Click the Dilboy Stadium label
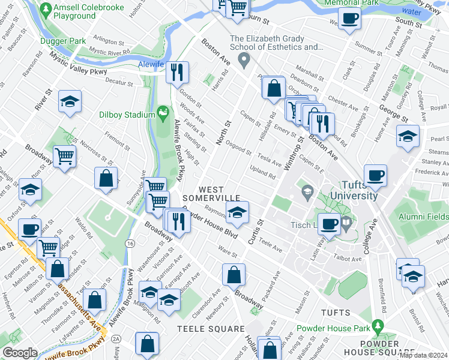127,114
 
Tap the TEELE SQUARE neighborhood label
211,329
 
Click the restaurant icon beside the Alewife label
176,73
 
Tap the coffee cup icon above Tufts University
375,175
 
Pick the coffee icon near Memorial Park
349,18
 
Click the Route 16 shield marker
130,242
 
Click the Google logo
20,353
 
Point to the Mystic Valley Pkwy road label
77,64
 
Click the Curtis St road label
261,226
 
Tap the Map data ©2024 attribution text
423,355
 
